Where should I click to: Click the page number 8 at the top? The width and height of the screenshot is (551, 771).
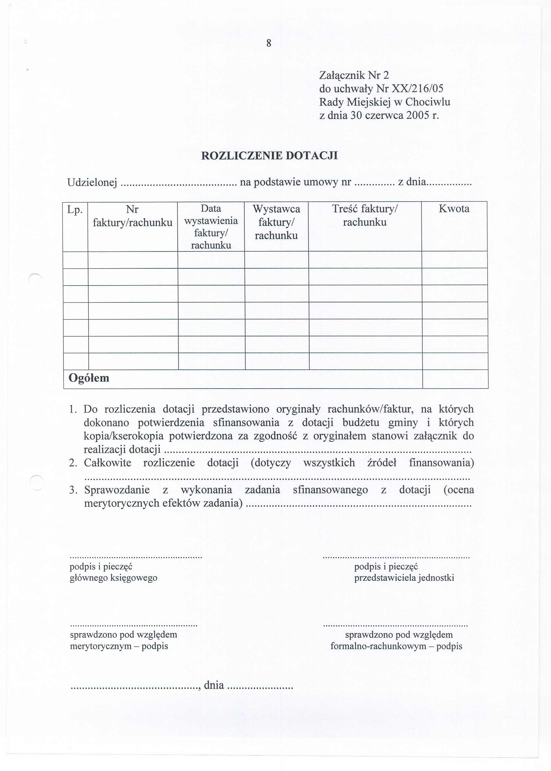pyautogui.click(x=269, y=43)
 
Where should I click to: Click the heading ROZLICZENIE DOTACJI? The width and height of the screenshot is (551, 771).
pyautogui.click(x=269, y=156)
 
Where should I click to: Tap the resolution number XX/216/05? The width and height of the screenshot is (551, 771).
pyautogui.click(x=417, y=89)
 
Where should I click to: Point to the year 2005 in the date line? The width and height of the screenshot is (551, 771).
pyautogui.click(x=418, y=116)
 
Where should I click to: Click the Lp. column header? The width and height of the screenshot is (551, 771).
pyautogui.click(x=75, y=210)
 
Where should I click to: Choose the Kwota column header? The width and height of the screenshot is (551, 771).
pyautogui.click(x=454, y=209)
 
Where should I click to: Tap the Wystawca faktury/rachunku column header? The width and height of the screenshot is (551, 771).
pyautogui.click(x=276, y=222)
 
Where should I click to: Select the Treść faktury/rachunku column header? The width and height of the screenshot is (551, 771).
pyautogui.click(x=365, y=216)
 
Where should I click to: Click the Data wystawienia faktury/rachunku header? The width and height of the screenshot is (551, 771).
pyautogui.click(x=211, y=227)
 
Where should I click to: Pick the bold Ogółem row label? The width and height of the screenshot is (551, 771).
pyautogui.click(x=89, y=378)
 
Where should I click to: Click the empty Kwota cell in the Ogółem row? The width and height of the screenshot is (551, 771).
pyautogui.click(x=455, y=379)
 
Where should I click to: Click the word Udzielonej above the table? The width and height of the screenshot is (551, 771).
pyautogui.click(x=92, y=182)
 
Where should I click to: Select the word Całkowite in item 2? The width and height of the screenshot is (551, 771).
pyautogui.click(x=108, y=463)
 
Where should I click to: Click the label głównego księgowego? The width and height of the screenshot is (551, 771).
pyautogui.click(x=113, y=578)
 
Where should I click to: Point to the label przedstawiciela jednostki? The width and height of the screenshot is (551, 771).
pyautogui.click(x=404, y=578)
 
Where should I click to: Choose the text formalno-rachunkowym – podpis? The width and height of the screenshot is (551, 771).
pyautogui.click(x=396, y=646)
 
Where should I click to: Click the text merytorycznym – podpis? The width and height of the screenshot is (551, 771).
pyautogui.click(x=119, y=646)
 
